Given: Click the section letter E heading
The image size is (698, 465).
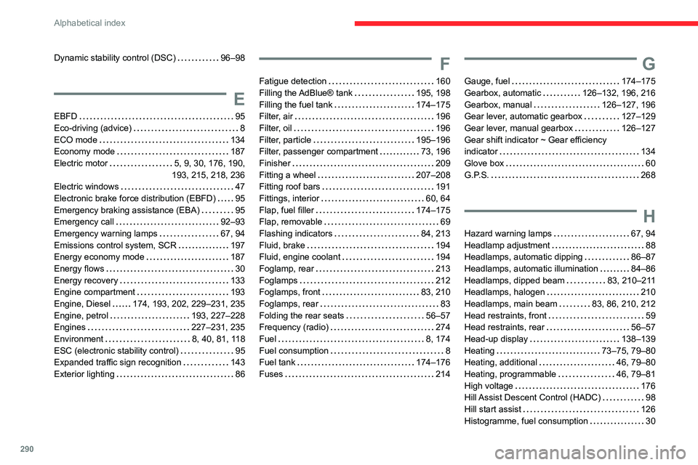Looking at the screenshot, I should pyautogui.click(x=239, y=100).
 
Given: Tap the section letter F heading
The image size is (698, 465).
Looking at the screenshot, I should pyautogui.click(x=444, y=65).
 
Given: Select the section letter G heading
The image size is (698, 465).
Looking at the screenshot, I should pyautogui.click(x=649, y=65).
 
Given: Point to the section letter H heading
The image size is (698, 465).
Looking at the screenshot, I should pyautogui.click(x=649, y=216).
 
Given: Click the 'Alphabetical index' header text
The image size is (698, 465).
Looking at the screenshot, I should pyautogui.click(x=91, y=23).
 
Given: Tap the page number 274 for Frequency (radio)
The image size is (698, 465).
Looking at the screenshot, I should pyautogui.click(x=443, y=327).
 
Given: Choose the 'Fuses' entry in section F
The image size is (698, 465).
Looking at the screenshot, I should pyautogui.click(x=271, y=373).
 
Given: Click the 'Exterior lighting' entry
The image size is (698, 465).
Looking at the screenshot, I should pyautogui.click(x=84, y=373).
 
